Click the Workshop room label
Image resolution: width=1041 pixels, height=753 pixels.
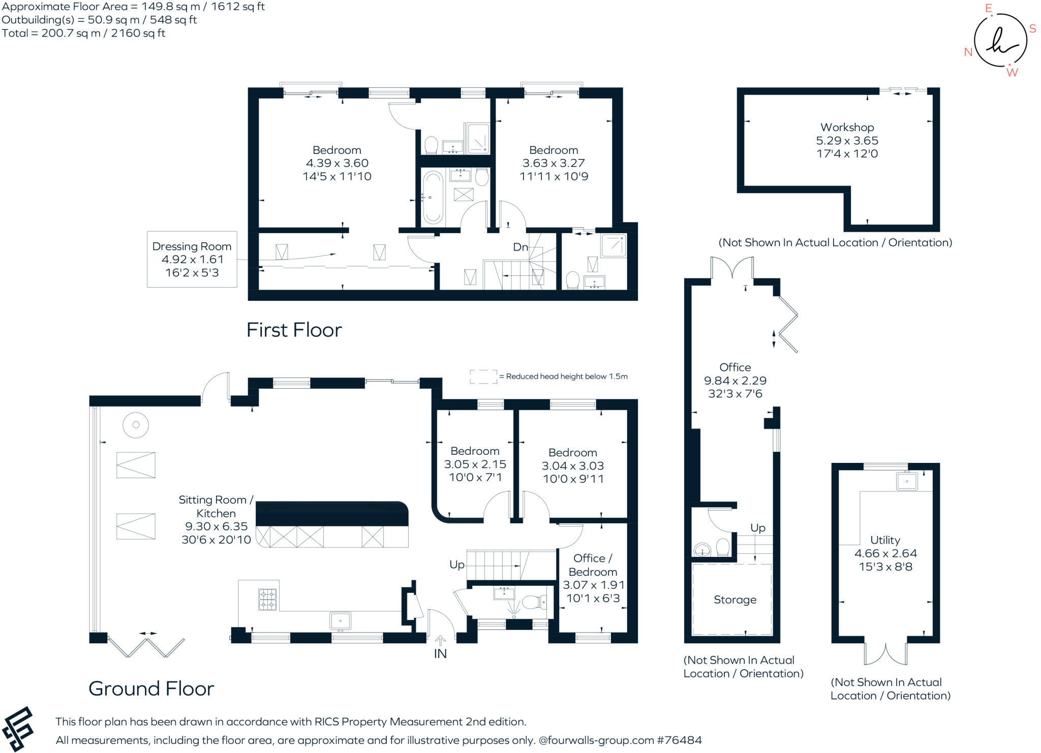(x=847, y=128)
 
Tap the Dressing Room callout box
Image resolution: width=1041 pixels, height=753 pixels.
(x=192, y=259)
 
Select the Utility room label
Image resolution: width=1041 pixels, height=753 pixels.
(x=885, y=540)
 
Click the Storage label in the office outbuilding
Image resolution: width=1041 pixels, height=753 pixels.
(x=734, y=600)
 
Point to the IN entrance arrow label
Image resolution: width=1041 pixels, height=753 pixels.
(x=440, y=653)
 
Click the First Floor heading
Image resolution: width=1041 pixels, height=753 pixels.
(x=294, y=330)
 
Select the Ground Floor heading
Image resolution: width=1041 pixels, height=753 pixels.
(x=151, y=689)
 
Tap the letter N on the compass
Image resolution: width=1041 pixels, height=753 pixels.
(x=968, y=52)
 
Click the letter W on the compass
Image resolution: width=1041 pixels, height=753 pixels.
(x=1012, y=73)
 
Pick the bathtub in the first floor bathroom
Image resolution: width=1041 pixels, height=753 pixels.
(x=433, y=197)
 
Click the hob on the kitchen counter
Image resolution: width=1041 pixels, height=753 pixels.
(x=268, y=599)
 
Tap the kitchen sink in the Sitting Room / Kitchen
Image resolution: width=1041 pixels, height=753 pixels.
(x=340, y=621)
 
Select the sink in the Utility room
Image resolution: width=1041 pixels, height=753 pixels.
(x=907, y=481)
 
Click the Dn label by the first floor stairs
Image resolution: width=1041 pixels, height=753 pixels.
(x=520, y=247)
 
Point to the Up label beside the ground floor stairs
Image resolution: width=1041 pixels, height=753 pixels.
(x=456, y=564)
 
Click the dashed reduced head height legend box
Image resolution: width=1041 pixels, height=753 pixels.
(x=483, y=376)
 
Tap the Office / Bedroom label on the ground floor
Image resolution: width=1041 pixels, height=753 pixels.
(x=593, y=565)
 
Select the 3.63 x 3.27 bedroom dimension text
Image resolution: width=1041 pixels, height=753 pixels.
(x=554, y=163)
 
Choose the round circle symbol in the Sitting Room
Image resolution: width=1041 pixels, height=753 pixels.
(x=136, y=425)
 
